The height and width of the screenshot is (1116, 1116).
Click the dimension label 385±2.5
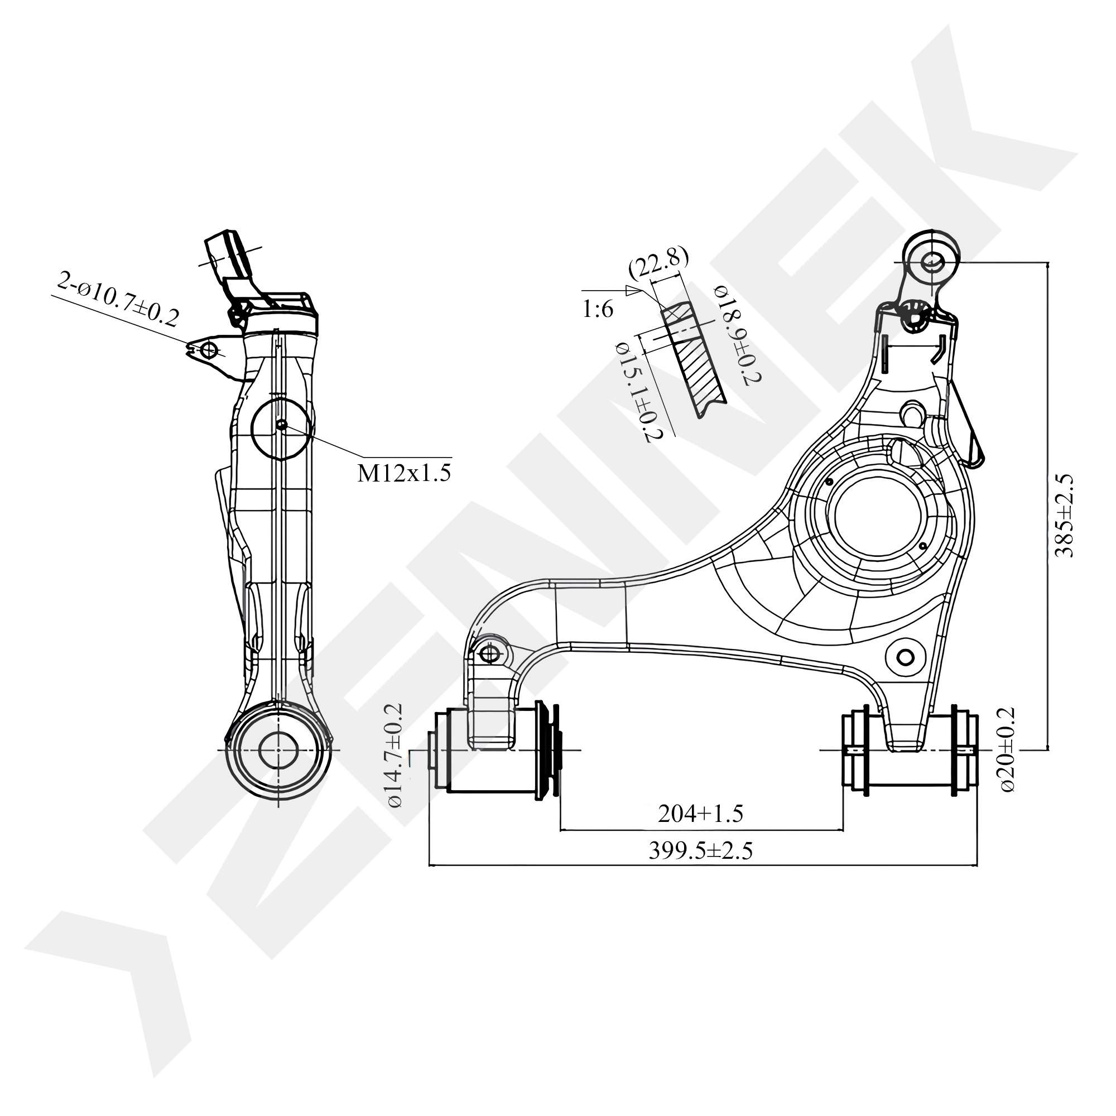pos(1064,515)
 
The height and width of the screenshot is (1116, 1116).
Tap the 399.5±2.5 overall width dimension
pos(700,851)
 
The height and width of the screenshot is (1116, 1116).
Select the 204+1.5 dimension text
pos(700,814)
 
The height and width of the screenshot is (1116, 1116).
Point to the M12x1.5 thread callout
pos(404,473)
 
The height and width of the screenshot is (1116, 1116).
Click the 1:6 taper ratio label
pos(598,310)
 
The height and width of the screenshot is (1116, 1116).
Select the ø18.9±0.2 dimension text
pos(738,334)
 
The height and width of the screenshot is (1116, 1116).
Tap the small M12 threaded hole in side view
pos(281,425)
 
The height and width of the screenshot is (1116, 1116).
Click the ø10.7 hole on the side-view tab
pos(209,349)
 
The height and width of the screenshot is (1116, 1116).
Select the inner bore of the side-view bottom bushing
pos(278,750)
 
